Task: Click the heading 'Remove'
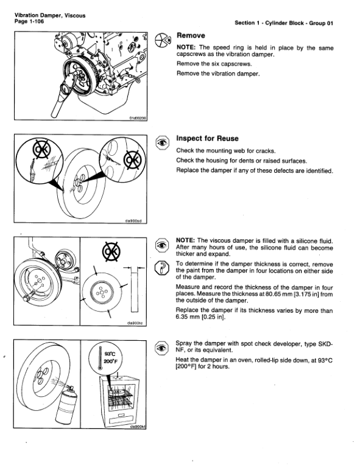190,36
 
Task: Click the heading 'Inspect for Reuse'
207,139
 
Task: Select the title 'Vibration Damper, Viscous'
43,13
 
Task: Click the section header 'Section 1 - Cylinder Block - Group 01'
285,23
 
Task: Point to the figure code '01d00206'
138,118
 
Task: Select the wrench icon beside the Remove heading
163,38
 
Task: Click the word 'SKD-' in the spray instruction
324,343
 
